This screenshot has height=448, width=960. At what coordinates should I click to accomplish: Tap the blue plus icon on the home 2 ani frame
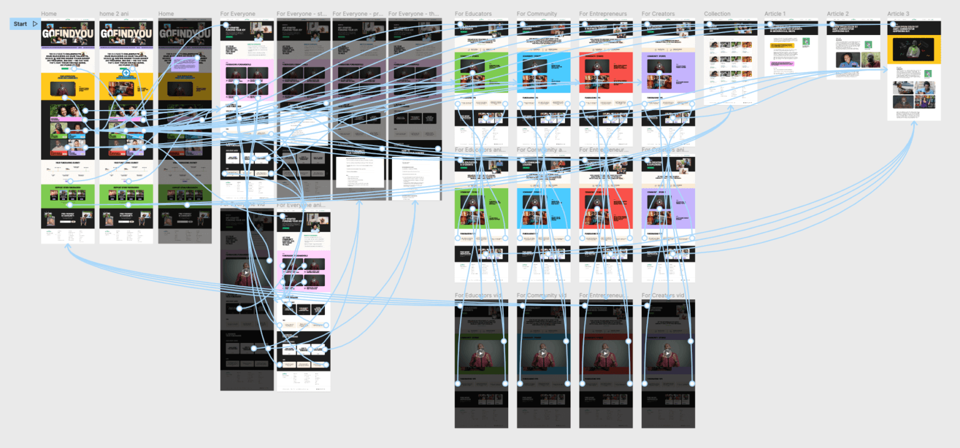pos(126,73)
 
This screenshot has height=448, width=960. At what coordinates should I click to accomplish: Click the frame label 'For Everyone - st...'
pos(302,14)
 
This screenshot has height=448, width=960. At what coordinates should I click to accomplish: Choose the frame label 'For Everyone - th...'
pos(414,14)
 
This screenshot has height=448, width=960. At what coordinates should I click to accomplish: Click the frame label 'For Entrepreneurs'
pos(604,14)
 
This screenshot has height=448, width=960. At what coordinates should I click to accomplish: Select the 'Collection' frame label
pos(717,14)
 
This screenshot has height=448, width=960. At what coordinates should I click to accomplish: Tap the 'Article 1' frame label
pos(775,14)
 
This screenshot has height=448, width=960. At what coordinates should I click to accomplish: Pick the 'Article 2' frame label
pos(837,14)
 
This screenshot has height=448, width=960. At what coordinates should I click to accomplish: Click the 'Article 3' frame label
pos(898,14)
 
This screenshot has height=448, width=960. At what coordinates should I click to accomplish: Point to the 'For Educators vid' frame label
pos(479,296)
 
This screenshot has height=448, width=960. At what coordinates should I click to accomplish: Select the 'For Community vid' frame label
pos(542,296)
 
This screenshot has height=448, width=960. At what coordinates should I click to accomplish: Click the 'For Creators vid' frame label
pos(663,296)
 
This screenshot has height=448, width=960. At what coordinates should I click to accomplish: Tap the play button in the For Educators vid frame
pos(481,353)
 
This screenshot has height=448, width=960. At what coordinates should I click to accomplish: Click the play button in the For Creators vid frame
pos(667,353)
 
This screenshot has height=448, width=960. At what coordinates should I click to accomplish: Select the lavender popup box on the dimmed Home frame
pos(185,62)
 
